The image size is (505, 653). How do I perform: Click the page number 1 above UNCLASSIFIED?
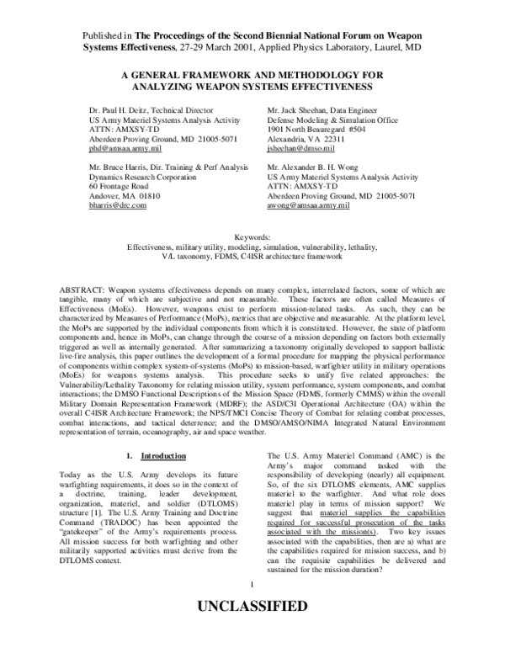pos(252,608)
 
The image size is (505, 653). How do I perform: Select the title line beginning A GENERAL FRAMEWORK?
pos(252,74)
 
